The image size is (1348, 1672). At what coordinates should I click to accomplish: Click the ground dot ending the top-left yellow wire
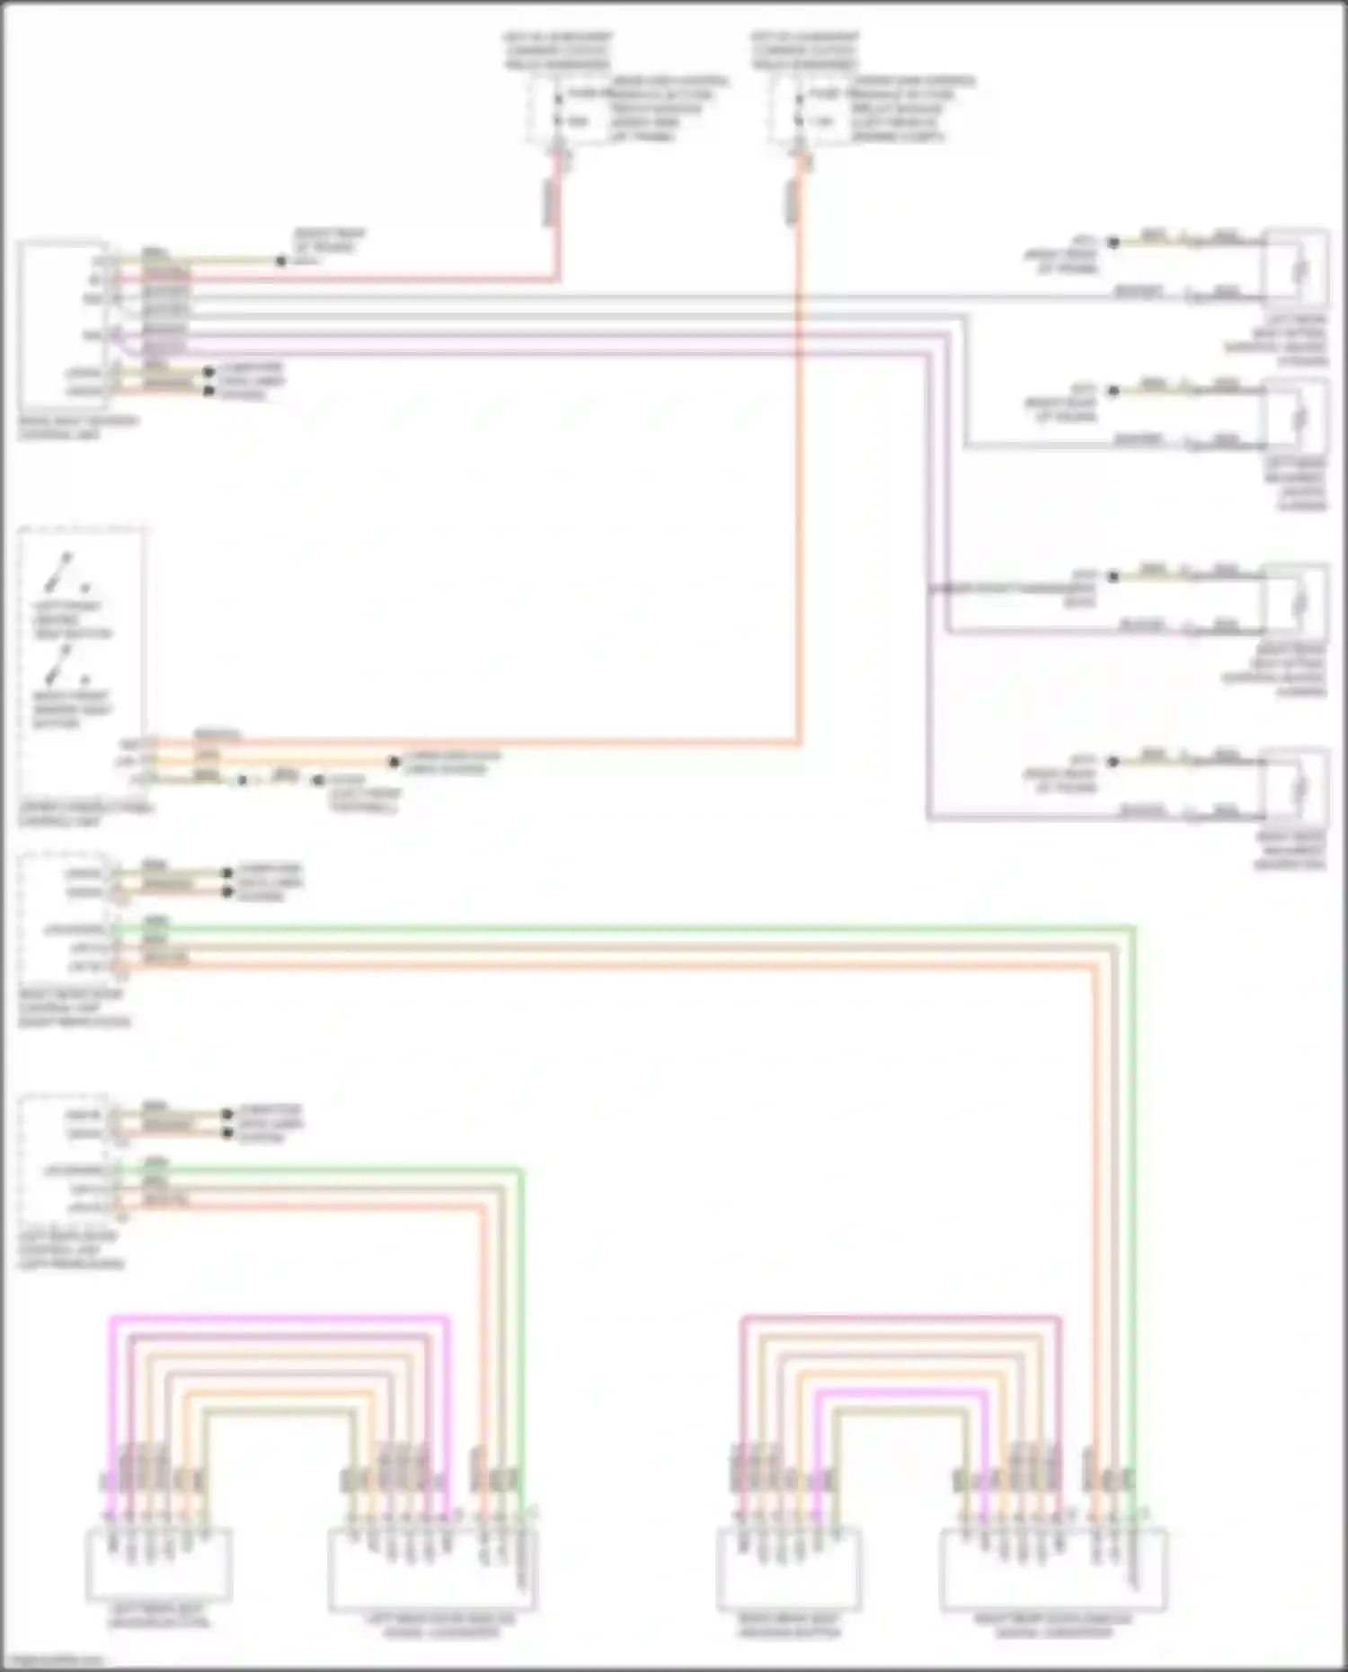(x=281, y=261)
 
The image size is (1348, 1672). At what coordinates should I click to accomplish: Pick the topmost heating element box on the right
(x=1297, y=268)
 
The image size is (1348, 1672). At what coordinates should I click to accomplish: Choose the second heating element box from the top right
(x=1297, y=417)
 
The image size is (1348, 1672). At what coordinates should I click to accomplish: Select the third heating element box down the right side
(x=1297, y=602)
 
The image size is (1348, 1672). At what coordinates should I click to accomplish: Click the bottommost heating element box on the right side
(x=1297, y=787)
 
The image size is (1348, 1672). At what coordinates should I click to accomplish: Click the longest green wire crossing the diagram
(x=629, y=926)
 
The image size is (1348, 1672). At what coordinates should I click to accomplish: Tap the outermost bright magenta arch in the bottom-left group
(x=279, y=1318)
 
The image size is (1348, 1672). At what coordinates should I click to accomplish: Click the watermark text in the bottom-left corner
(x=49, y=1660)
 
